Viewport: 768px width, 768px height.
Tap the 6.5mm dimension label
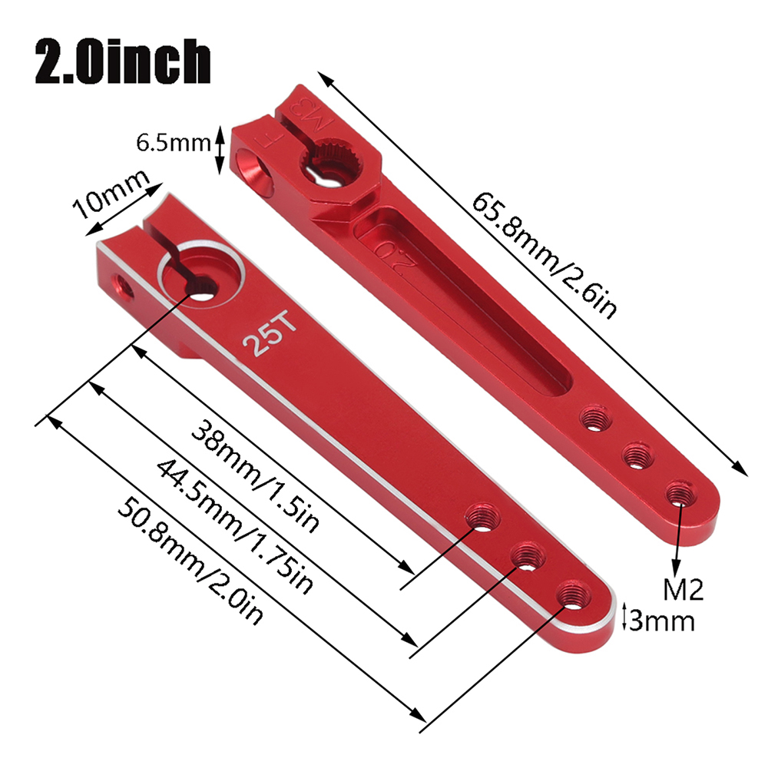click(x=173, y=144)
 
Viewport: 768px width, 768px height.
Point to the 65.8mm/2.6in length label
click(x=544, y=255)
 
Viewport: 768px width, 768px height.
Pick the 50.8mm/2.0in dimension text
click(x=190, y=561)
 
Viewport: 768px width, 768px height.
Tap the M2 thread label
click(x=683, y=589)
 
